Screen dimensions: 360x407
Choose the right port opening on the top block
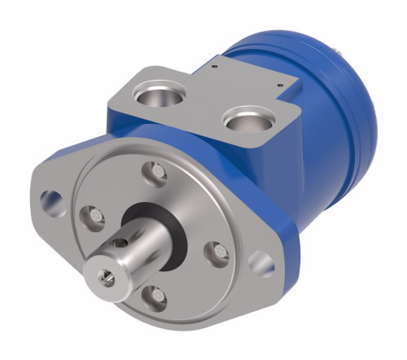(x=246, y=123)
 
